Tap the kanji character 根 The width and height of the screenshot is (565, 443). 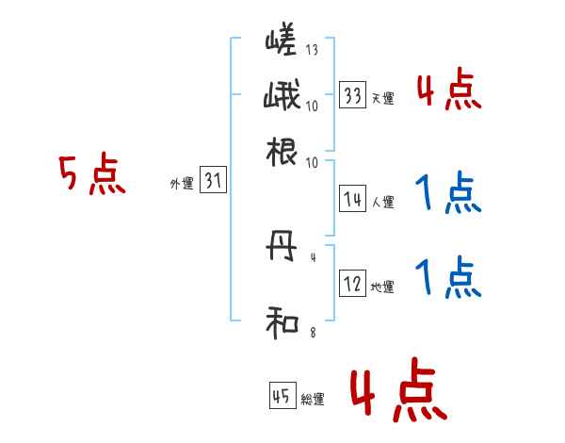(x=282, y=151)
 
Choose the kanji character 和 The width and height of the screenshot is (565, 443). (x=282, y=322)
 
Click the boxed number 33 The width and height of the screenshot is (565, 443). (x=353, y=96)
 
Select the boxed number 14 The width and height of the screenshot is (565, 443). (x=353, y=199)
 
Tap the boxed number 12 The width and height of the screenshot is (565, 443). (x=353, y=285)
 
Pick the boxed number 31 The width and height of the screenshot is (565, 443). (x=213, y=182)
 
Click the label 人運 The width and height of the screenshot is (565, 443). (x=382, y=202)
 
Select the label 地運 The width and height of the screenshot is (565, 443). (x=382, y=287)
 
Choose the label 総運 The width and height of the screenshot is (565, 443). (x=313, y=399)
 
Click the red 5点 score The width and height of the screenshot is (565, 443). (x=92, y=176)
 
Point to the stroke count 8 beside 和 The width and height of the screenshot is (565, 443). (x=312, y=331)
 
